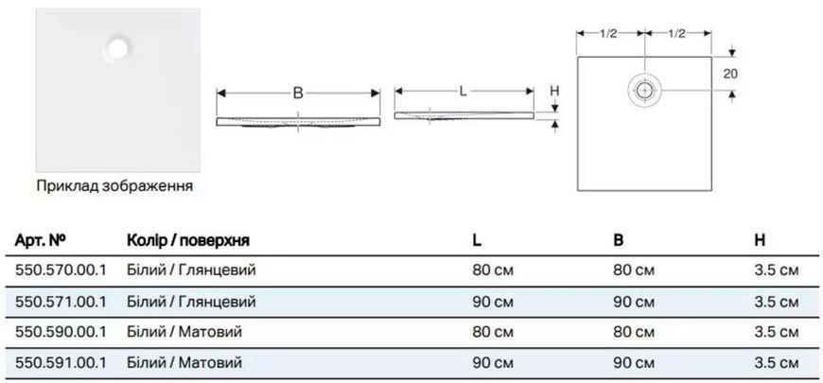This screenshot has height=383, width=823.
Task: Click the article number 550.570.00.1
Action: tap(61, 270)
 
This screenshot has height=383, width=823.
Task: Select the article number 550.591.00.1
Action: tap(61, 362)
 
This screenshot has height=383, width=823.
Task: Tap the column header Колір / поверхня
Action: tap(188, 241)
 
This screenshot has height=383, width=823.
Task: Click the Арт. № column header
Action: tap(41, 240)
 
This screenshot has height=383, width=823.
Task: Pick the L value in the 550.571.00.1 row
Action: tap(492, 303)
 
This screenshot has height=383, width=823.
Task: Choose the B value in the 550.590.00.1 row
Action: tap(634, 333)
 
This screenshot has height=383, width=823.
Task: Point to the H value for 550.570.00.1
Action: tap(777, 270)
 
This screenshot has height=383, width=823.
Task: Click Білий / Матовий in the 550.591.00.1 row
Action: tap(184, 362)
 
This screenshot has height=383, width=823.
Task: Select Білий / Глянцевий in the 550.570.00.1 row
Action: tap(192, 270)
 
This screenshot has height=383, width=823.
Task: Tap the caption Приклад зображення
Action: tap(114, 185)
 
